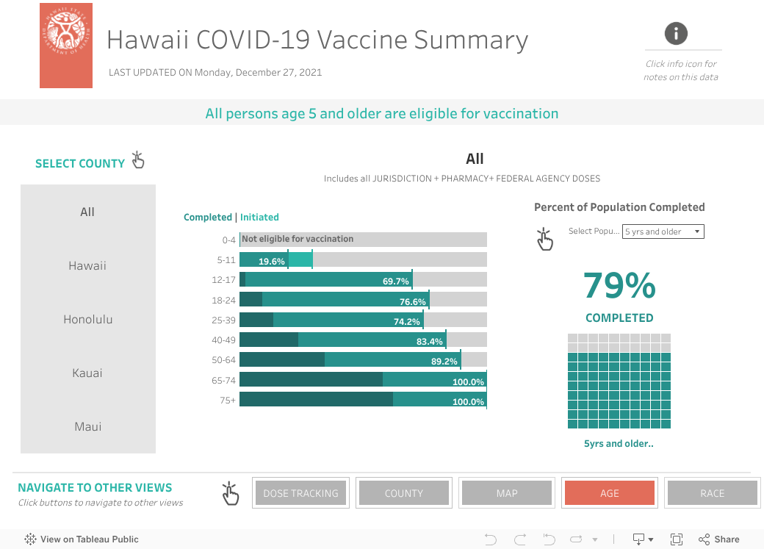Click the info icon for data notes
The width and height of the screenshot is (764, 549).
point(676,33)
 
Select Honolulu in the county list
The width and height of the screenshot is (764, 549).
point(87,320)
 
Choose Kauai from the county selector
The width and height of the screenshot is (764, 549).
point(87,373)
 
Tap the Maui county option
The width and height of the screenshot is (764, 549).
point(87,427)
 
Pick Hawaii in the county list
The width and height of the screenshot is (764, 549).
point(87,266)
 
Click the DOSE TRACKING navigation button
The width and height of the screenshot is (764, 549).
point(300,493)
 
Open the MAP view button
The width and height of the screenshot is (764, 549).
point(507,493)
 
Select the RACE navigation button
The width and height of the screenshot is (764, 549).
point(712,493)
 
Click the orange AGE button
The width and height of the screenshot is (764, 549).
point(609,493)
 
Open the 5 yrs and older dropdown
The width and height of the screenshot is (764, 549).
point(663,232)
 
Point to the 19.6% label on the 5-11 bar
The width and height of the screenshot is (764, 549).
point(272,261)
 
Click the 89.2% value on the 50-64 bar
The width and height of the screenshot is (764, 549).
point(444,362)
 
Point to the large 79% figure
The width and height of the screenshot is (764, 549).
point(619,286)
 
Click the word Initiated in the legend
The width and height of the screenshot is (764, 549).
point(259,218)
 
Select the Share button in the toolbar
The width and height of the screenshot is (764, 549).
point(719,539)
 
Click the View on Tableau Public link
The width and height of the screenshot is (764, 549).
point(82,539)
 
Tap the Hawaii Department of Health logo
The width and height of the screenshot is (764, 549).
point(66,46)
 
